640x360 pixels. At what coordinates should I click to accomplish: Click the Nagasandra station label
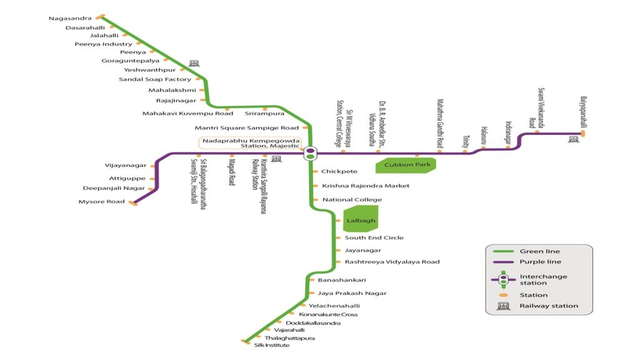[x=70, y=18]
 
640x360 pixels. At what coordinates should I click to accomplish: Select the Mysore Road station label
[x=101, y=202]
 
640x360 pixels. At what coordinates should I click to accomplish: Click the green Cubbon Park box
[x=404, y=165]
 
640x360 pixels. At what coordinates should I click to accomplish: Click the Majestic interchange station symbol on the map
[x=310, y=153]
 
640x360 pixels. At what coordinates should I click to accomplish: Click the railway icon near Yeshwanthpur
[x=194, y=63]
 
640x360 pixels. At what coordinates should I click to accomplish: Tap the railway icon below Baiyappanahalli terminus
[x=572, y=139]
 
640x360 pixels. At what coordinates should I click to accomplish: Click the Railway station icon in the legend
[x=502, y=306]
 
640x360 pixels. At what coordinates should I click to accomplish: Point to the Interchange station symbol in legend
[x=502, y=279]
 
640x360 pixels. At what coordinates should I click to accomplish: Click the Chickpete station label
[x=339, y=171]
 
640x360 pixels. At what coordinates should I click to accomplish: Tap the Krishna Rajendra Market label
[x=366, y=186]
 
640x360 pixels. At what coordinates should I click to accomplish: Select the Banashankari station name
[x=341, y=280]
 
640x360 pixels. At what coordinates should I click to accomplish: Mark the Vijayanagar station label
[x=126, y=166]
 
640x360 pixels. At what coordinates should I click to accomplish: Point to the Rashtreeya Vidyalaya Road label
[x=392, y=262]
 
